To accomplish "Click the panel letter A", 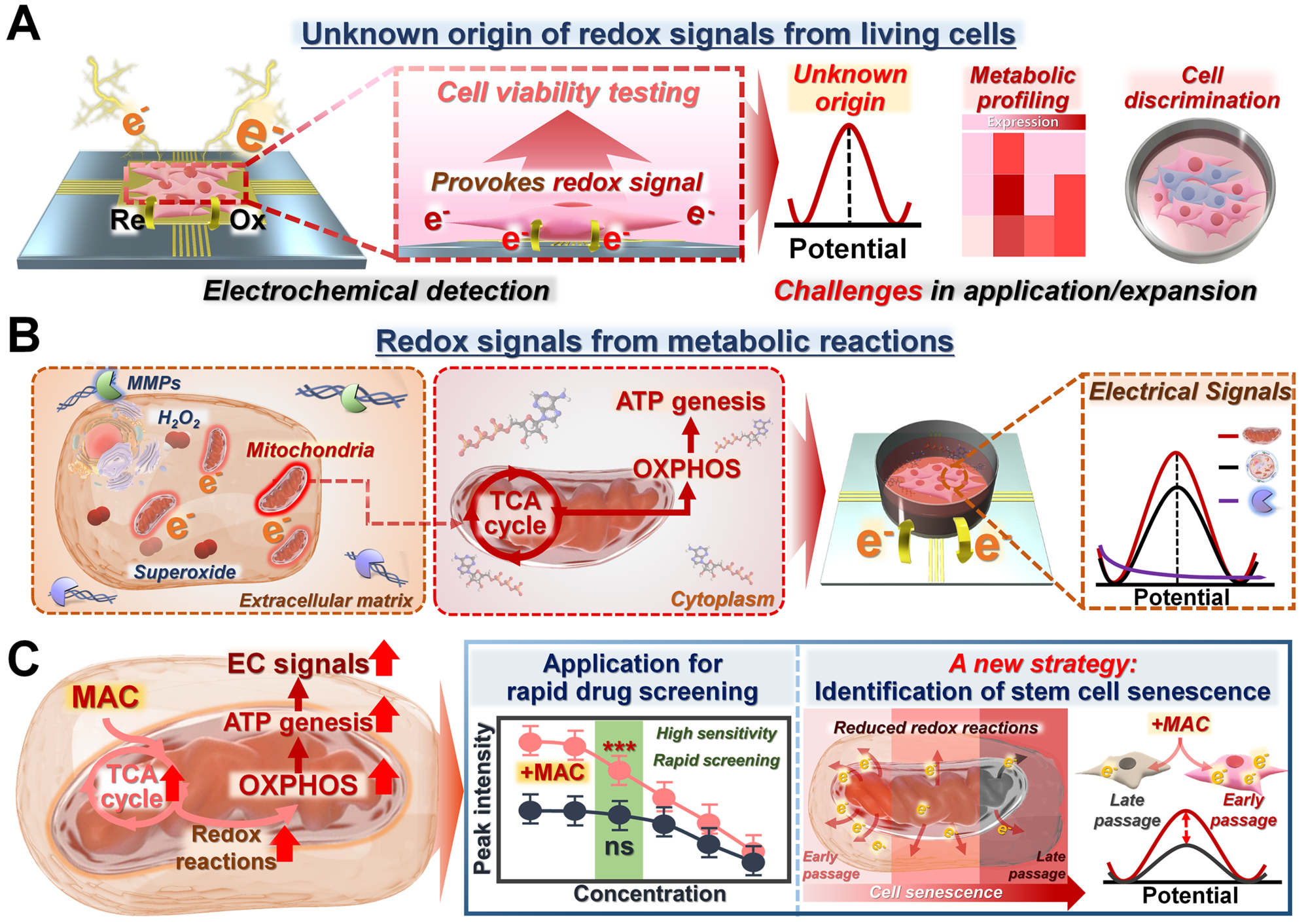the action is click(x=24, y=24).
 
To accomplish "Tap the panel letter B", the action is click(x=24, y=335).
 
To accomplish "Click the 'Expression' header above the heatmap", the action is click(x=1022, y=122).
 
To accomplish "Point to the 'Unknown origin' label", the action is click(x=849, y=88).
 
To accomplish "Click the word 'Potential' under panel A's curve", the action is click(x=847, y=249).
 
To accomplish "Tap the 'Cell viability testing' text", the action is click(x=568, y=92).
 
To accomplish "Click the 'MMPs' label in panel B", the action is click(x=154, y=383).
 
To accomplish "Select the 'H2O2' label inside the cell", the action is click(x=179, y=419).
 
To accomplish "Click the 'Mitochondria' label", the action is click(x=310, y=450).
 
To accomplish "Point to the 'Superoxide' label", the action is click(x=185, y=571).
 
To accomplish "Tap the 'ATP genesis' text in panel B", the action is click(x=690, y=401).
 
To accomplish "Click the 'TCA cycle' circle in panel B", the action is click(x=515, y=513).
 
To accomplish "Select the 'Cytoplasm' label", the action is click(x=722, y=599).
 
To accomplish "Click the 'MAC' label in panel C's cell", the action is click(x=105, y=697).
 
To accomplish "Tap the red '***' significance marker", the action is click(x=619, y=748).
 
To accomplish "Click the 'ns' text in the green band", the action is click(x=619, y=846).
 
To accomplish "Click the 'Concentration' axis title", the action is click(x=650, y=894).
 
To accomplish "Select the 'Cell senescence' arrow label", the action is click(x=936, y=892).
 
